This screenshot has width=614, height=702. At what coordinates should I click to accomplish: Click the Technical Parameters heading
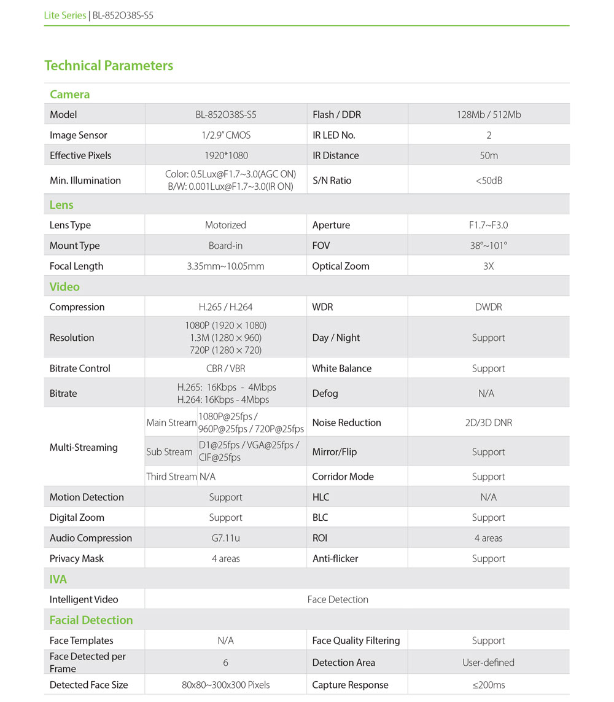coord(109,66)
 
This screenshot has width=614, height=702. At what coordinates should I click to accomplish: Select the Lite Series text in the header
coord(65,15)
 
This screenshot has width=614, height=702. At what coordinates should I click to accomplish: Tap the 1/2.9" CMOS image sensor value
coord(225,135)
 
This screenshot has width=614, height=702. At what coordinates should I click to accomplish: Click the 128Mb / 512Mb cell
coord(489,115)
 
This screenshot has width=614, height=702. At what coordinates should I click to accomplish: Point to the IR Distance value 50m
coord(489,155)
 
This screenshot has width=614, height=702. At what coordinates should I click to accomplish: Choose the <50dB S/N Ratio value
coord(489,181)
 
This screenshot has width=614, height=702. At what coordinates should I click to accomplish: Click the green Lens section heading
coord(61,205)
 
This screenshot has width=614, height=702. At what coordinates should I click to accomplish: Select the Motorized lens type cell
coord(225,225)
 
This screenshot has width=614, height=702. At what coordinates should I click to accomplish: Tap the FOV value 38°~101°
coord(489,246)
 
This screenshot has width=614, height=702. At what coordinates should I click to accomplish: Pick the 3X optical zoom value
coord(489,267)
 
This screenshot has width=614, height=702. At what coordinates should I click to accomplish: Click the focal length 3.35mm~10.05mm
coord(225,267)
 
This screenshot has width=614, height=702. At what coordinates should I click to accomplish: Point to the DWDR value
coord(489,307)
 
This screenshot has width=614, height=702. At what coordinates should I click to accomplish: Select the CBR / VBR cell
coord(225,369)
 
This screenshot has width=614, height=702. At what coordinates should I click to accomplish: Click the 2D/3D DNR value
coord(489,423)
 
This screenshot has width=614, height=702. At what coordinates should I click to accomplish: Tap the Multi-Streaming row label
coord(84,447)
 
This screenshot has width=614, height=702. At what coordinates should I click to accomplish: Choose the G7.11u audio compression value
coord(225,538)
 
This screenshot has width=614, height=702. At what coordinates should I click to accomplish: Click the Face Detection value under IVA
coord(338,599)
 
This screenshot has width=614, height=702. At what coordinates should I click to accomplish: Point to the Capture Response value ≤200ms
coord(489,685)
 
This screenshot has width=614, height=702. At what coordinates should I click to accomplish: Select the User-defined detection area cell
coord(489,663)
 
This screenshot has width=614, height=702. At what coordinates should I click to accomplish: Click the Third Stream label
coord(171,477)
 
